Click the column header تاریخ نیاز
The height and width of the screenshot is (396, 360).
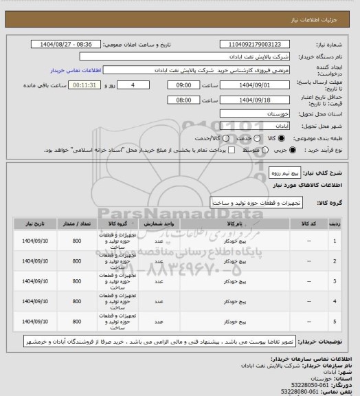tap(34, 224)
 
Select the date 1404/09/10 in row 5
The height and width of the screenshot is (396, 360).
tap(34, 321)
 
